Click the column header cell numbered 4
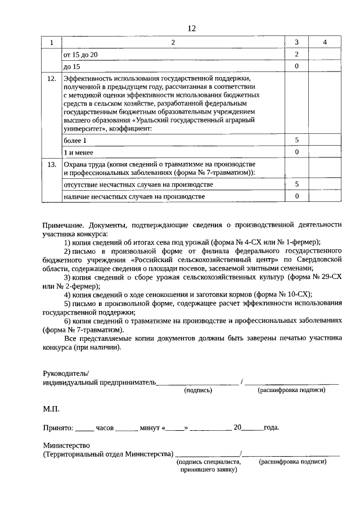coord(325,43)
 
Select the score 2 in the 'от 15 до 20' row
coord(296,55)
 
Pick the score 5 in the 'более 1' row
coord(296,139)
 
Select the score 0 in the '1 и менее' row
coord(296,152)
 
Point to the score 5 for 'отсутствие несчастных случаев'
coord(296,184)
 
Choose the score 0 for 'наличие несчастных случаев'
coord(296,196)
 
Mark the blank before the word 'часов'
coord(84,429)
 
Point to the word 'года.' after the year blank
coord(271,427)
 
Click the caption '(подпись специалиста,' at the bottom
coord(208,461)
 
